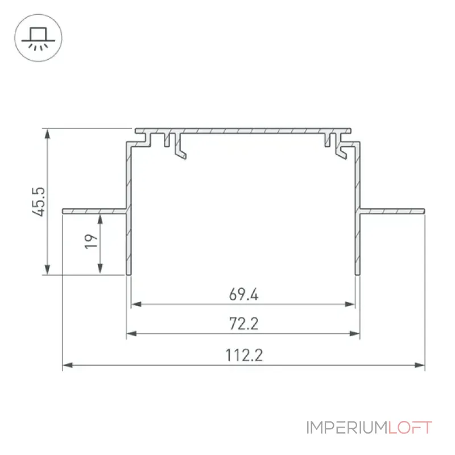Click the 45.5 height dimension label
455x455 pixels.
39,202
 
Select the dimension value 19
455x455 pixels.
91,241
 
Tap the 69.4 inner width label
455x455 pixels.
243,294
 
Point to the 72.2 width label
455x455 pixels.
243,324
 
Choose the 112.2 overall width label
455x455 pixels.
244,355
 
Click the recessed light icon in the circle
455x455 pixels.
38,38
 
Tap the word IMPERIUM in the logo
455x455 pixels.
347,428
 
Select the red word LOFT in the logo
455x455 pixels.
410,428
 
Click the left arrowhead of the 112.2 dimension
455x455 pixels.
68,365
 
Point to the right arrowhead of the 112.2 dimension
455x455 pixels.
420,365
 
